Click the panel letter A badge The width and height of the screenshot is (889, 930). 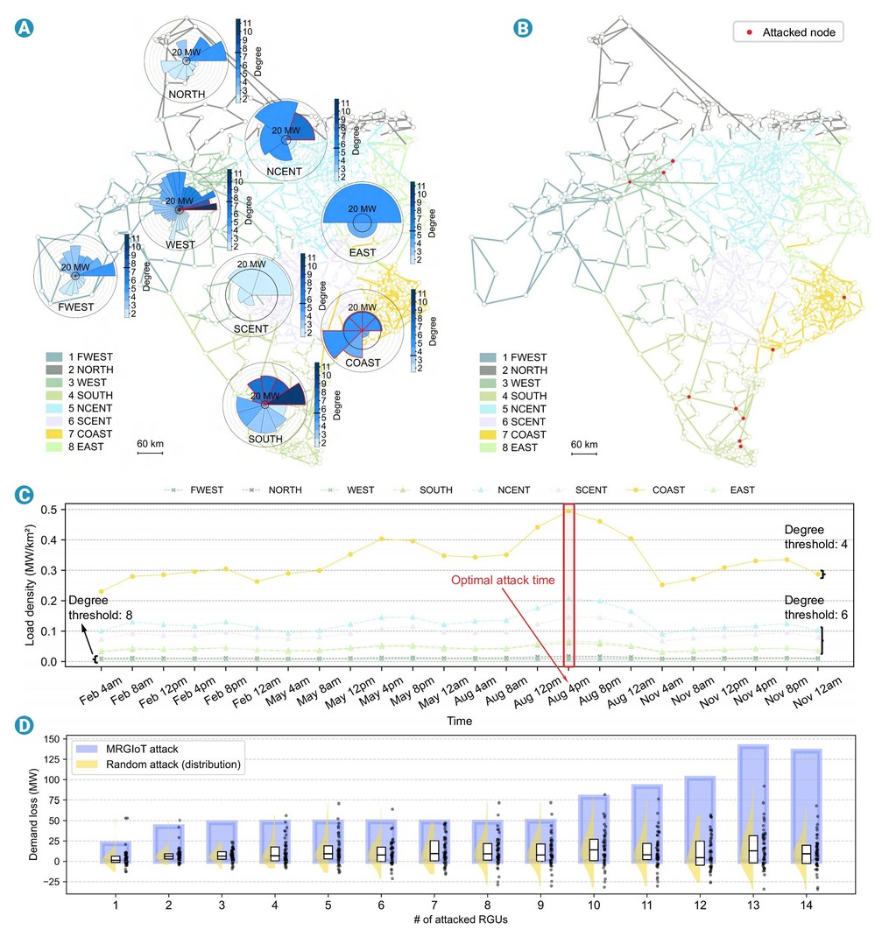[24, 28]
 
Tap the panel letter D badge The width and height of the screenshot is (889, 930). [24, 725]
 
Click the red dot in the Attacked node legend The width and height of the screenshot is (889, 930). [750, 32]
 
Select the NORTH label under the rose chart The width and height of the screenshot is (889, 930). [187, 95]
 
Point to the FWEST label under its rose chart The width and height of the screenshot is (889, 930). [76, 307]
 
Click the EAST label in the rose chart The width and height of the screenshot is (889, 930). [363, 253]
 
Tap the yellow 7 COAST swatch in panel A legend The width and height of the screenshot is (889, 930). [54, 434]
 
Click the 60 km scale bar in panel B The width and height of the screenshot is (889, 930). [584, 454]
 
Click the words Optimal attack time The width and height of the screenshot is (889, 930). [503, 580]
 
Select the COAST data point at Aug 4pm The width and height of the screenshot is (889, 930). [568, 511]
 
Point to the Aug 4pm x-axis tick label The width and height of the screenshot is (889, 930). [568, 690]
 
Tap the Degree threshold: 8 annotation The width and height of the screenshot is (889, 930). [100, 608]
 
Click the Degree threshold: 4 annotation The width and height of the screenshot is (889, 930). [815, 537]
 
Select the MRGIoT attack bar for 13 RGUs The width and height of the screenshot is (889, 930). [753, 804]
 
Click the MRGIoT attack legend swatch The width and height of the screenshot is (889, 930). [88, 749]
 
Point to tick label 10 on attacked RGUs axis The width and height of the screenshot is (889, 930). [594, 905]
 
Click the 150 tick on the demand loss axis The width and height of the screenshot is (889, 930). [52, 739]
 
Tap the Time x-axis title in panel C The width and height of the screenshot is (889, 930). [460, 721]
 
